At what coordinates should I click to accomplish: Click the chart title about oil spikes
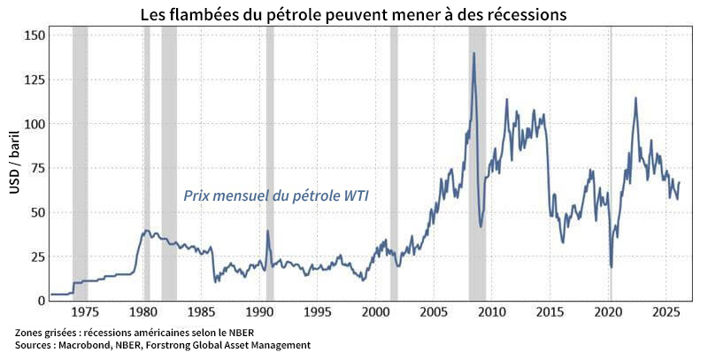tap(353, 15)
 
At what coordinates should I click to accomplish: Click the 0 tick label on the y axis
tap(40, 301)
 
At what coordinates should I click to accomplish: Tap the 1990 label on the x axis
tap(258, 312)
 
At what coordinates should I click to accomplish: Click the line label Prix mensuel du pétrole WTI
tap(275, 196)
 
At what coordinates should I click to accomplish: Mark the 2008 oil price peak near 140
tap(474, 53)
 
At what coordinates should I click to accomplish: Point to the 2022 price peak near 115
tap(635, 98)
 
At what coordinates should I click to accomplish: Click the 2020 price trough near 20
tap(612, 266)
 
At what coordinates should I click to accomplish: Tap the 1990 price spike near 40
tap(267, 232)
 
